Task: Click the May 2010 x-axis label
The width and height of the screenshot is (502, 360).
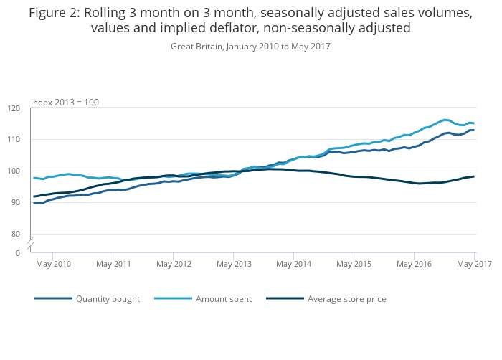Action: click(x=53, y=265)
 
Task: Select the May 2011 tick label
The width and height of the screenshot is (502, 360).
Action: click(x=113, y=265)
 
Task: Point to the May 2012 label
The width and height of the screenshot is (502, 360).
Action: click(x=174, y=265)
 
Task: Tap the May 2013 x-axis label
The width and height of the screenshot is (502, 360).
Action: click(x=234, y=265)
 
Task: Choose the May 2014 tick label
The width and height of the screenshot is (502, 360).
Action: click(x=293, y=265)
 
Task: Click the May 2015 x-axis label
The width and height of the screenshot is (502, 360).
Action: click(x=354, y=265)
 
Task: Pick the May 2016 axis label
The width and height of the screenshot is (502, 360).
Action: click(x=414, y=265)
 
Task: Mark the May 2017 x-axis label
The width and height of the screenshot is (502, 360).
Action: click(x=474, y=265)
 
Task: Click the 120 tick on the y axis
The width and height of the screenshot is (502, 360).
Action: click(x=14, y=108)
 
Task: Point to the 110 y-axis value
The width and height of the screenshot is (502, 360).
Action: click(x=14, y=140)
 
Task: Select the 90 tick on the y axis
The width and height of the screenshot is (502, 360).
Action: click(x=16, y=203)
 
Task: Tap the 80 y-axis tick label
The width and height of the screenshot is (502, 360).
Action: click(x=16, y=234)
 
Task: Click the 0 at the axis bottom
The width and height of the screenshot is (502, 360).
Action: click(x=19, y=253)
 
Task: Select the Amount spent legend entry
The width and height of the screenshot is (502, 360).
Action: click(x=223, y=299)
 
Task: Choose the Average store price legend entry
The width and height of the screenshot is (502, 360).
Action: click(x=346, y=299)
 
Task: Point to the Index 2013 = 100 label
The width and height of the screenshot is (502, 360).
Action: click(x=65, y=103)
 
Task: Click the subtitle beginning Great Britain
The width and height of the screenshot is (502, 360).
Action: click(x=250, y=47)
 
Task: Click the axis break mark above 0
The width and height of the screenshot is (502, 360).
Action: click(x=31, y=245)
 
